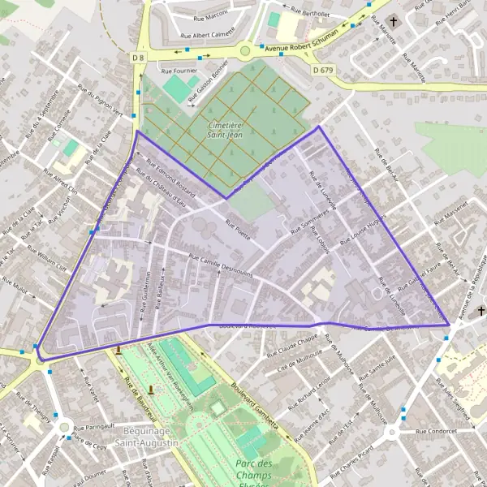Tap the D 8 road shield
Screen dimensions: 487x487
point(137,58)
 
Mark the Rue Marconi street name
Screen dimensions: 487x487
point(212,17)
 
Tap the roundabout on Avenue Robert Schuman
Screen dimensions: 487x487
point(244,52)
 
